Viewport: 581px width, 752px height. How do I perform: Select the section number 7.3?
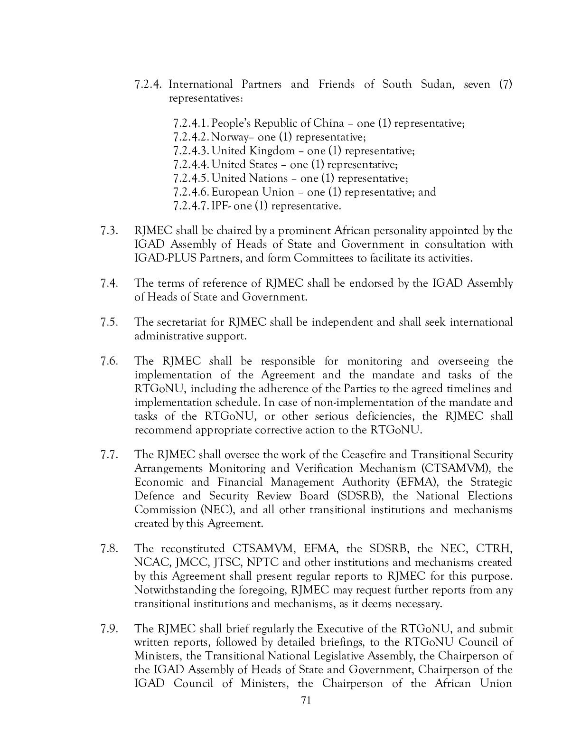(109, 231)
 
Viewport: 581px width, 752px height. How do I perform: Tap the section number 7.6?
(109, 361)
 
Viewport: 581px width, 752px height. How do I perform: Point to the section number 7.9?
(109, 629)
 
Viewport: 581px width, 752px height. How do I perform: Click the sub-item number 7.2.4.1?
(191, 123)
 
